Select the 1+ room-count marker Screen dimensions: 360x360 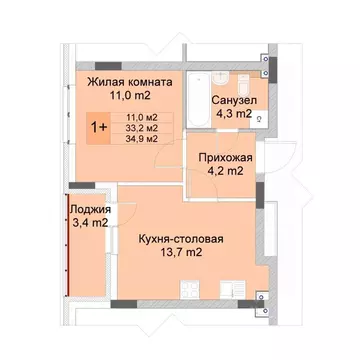pos(100,128)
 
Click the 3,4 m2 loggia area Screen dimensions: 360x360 pos(88,223)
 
